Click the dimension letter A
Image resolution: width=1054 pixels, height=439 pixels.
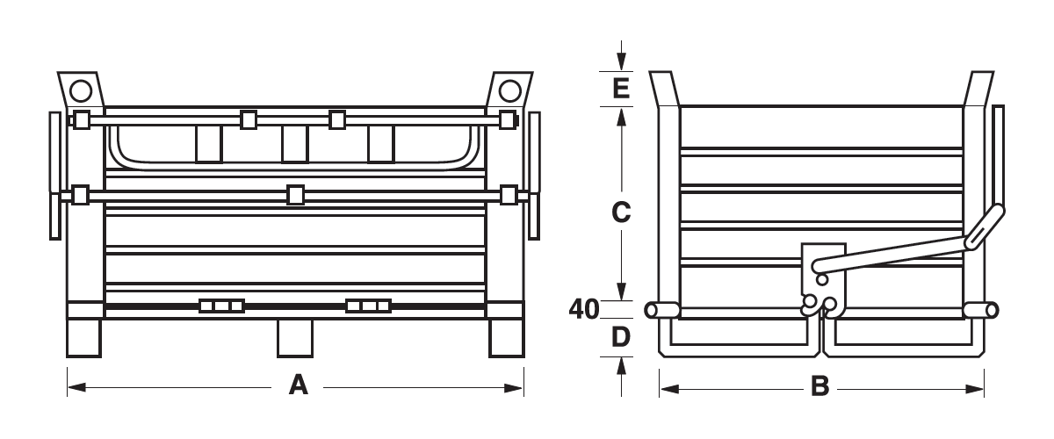point(299,385)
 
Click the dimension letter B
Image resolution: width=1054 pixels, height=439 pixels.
point(819,386)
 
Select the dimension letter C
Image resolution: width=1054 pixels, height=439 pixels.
point(621,212)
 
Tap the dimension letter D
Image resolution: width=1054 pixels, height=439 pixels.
point(621,337)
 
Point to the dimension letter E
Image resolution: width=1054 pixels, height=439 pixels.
point(621,88)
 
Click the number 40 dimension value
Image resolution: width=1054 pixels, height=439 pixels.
point(584,309)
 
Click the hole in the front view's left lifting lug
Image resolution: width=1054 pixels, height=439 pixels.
point(81,90)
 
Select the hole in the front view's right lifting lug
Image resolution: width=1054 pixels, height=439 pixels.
point(510,90)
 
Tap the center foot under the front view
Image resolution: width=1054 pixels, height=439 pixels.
point(295,338)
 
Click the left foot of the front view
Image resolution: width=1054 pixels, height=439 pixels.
point(83,338)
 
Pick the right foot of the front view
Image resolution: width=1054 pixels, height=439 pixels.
point(506,338)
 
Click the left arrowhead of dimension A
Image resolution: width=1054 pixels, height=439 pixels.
point(76,388)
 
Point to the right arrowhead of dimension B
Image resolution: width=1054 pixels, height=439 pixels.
point(974,389)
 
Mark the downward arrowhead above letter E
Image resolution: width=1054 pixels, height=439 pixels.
point(621,61)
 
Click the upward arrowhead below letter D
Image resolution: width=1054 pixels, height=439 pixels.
point(621,366)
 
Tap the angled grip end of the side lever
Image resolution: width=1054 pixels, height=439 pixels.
point(985,227)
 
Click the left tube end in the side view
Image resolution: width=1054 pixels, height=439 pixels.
point(652,311)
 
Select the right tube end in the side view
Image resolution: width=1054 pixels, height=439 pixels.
point(992,311)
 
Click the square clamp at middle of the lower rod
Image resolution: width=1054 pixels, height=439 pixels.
point(295,195)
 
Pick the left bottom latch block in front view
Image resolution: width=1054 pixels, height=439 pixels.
point(221,306)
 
